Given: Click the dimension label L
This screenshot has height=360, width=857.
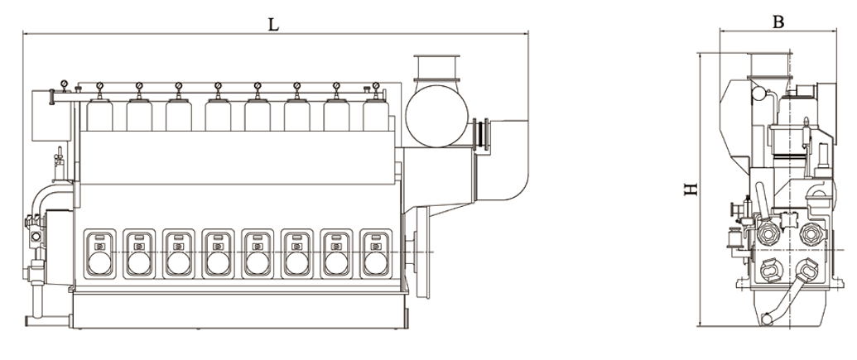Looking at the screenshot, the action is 272,24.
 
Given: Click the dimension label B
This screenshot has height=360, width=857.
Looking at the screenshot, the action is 778,22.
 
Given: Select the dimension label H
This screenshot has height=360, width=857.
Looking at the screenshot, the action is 691,189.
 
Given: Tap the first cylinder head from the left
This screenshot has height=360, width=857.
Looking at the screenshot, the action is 100,115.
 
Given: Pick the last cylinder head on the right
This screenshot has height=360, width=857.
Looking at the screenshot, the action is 376,115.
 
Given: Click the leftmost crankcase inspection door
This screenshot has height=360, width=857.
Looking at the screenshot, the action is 99,253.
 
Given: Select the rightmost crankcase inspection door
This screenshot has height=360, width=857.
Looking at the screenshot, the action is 375,253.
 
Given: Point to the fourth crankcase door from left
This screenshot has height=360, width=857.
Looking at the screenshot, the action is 218,253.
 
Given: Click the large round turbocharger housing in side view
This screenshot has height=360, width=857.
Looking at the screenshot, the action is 436,116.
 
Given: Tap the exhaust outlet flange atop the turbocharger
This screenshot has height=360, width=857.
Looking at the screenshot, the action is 436,57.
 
